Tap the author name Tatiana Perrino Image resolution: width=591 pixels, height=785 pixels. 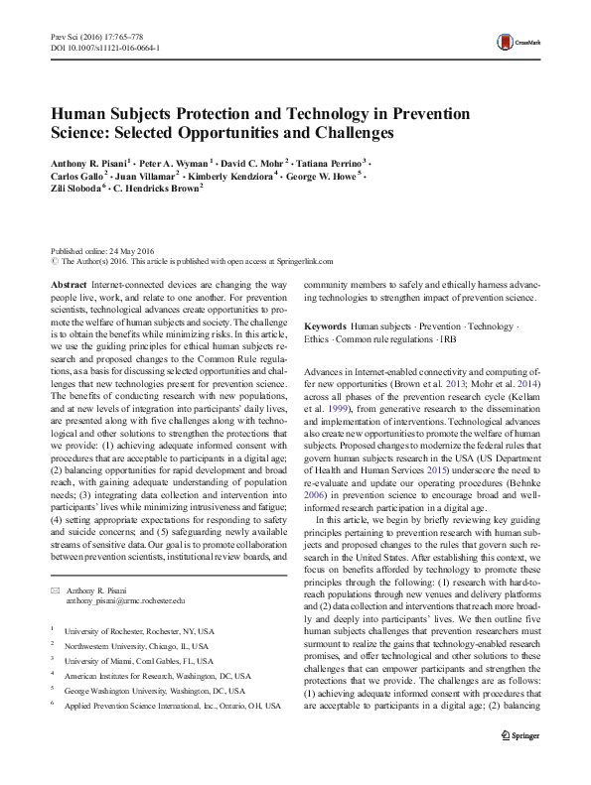[331, 161]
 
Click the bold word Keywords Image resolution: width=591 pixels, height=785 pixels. [326, 327]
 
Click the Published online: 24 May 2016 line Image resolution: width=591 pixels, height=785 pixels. [103, 251]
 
